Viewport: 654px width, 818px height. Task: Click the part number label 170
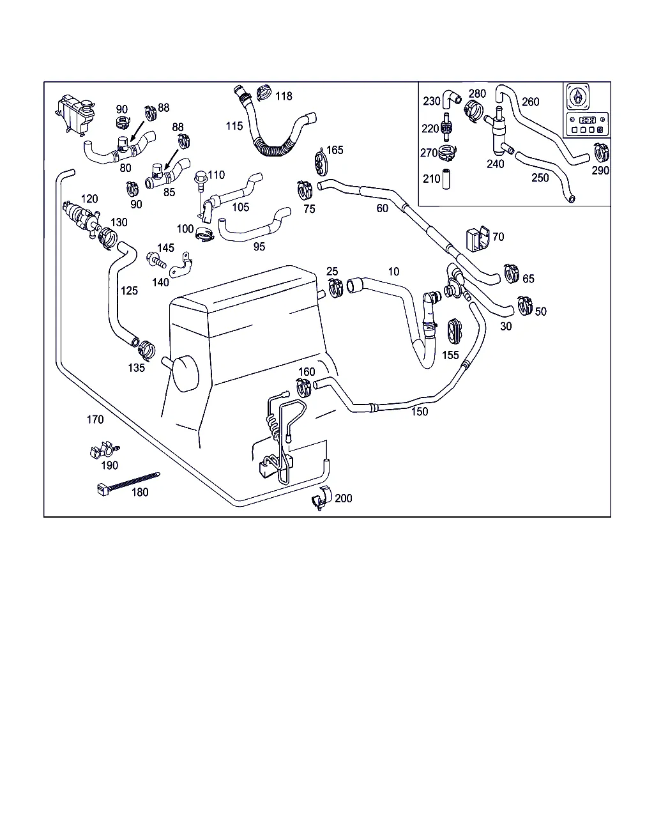95,420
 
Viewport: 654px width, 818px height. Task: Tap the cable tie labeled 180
128,484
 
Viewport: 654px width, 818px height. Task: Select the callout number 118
284,96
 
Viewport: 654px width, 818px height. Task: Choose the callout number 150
419,412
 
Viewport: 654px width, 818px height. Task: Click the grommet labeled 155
454,330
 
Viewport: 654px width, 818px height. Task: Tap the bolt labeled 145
156,260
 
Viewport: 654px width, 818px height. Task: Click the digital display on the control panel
587,120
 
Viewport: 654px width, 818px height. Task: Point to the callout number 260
530,102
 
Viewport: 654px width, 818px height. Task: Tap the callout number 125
129,291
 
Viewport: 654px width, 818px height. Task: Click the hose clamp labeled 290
600,153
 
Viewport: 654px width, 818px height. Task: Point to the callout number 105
241,207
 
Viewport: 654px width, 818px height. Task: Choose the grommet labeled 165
321,161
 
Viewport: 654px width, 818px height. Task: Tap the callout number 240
495,164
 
